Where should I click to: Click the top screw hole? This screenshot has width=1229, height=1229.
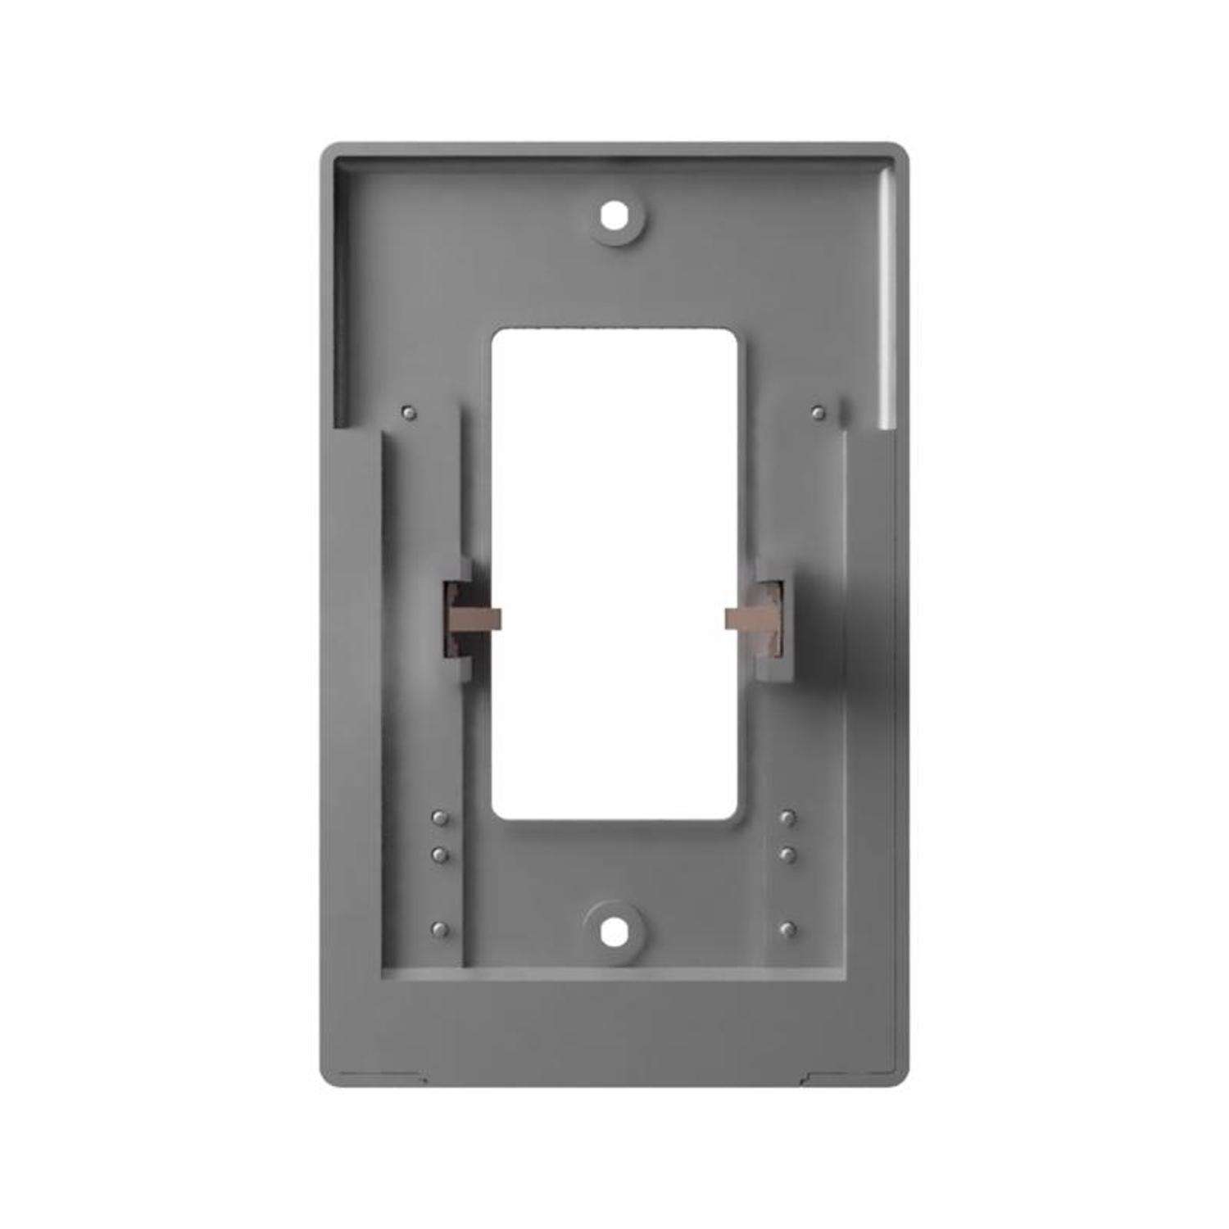tap(614, 216)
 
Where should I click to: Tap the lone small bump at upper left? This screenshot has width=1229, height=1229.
tap(410, 412)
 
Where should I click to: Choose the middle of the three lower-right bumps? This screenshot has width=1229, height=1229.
tap(788, 855)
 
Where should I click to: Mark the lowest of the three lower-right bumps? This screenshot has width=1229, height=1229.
tap(788, 929)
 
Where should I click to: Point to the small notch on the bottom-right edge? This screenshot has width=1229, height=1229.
tap(806, 1077)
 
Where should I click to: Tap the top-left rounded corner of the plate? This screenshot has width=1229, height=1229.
tap(327, 151)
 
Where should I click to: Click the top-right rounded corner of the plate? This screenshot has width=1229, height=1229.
tap(902, 151)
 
